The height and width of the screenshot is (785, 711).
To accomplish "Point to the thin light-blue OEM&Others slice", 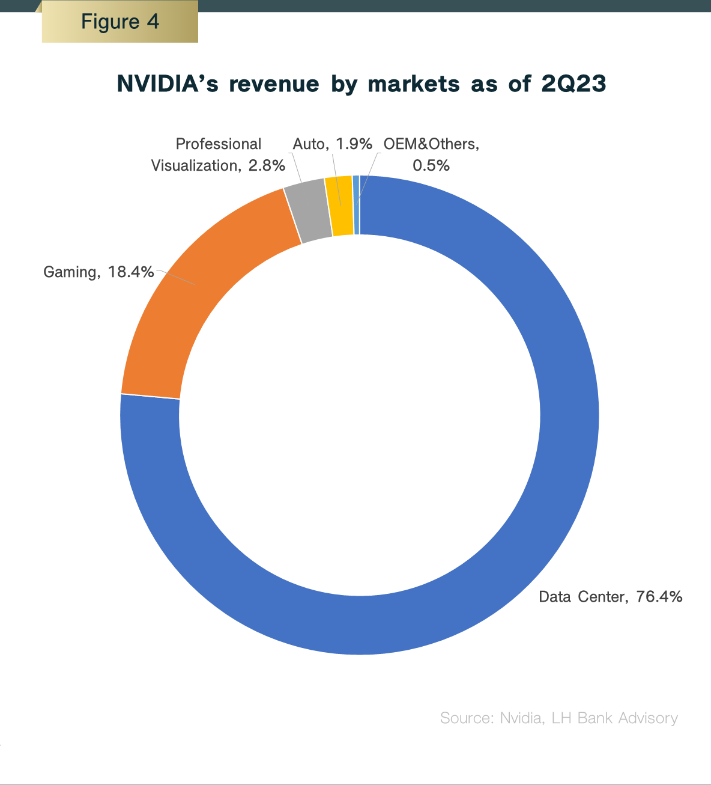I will click(x=356, y=204).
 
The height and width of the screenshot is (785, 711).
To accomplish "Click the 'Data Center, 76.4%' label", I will click(x=610, y=597).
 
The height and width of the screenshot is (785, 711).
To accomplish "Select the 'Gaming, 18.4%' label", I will click(x=98, y=272).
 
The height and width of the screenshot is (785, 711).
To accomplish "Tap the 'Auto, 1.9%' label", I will click(x=332, y=144).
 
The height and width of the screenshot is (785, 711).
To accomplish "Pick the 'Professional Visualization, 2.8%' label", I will click(x=218, y=155).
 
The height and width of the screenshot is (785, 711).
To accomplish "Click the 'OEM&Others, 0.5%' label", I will click(x=431, y=155).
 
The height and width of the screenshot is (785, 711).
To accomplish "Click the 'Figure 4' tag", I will click(x=120, y=22).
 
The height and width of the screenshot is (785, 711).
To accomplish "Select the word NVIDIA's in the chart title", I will click(x=168, y=84).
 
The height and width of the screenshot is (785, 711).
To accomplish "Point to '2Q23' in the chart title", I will click(x=573, y=84).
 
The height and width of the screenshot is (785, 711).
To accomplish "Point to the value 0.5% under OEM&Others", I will click(x=431, y=166).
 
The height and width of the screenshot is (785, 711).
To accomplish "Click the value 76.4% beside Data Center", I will click(x=659, y=597).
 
